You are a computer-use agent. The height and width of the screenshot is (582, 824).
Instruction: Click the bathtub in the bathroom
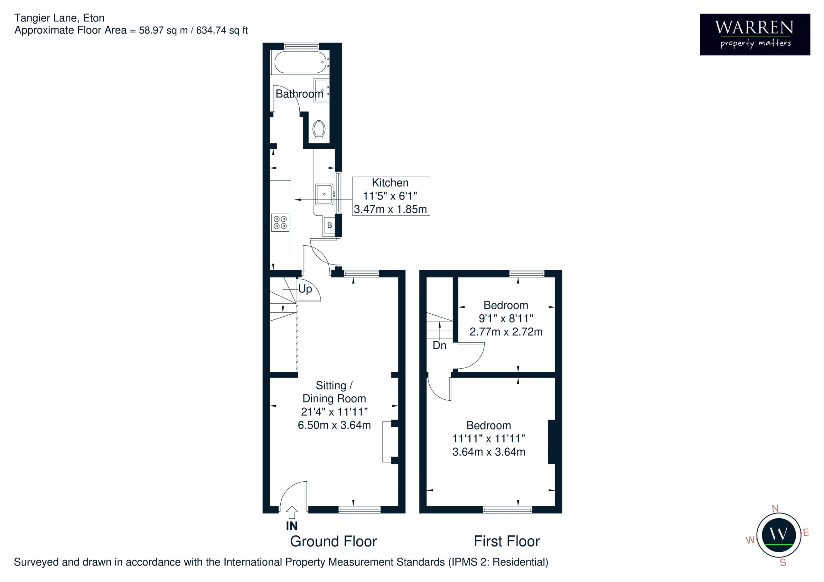pyautogui.click(x=300, y=63)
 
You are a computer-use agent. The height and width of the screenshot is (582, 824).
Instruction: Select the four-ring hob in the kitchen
pyautogui.click(x=280, y=222)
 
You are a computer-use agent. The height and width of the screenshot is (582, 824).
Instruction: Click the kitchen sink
pyautogui.click(x=324, y=194)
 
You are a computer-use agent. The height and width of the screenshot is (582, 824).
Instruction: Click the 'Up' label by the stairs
pyautogui.click(x=305, y=289)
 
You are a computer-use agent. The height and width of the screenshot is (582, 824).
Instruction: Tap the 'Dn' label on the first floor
pyautogui.click(x=439, y=345)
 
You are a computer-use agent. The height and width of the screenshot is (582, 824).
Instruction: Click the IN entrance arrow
pyautogui.click(x=292, y=513)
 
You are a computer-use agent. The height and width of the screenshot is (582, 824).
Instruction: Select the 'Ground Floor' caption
pyautogui.click(x=333, y=541)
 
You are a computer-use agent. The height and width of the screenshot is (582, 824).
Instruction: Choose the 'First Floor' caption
pyautogui.click(x=507, y=541)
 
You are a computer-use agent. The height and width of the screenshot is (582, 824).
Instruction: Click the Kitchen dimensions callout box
pyautogui.click(x=391, y=196)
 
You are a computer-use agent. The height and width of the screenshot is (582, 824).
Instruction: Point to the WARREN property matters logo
pyautogui.click(x=755, y=34)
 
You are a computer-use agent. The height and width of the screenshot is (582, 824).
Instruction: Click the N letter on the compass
pyautogui.click(x=775, y=508)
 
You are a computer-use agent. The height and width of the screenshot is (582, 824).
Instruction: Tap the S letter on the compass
pyautogui.click(x=783, y=563)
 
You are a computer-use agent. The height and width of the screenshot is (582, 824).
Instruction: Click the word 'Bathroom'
pyautogui.click(x=300, y=94)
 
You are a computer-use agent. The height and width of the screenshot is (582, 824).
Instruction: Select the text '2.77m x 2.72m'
pyautogui.click(x=506, y=332)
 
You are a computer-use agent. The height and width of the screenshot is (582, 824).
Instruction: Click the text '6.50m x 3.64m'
pyautogui.click(x=334, y=425)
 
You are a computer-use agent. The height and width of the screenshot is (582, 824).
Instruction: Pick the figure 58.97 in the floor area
pyautogui.click(x=151, y=30)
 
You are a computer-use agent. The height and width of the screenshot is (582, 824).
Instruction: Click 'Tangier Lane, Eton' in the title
pyautogui.click(x=59, y=18)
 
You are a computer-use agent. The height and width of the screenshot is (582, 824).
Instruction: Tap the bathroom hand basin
pyautogui.click(x=321, y=90)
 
